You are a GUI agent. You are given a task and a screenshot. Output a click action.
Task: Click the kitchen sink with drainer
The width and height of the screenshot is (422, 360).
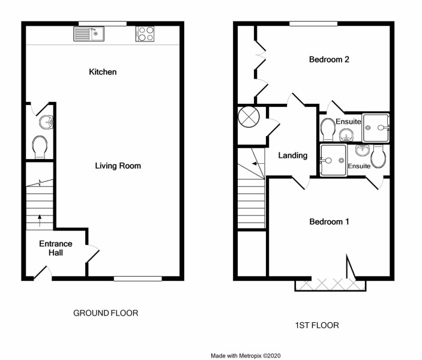(89, 34)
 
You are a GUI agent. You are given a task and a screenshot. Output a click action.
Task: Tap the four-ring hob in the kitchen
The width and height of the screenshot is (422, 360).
(145, 34)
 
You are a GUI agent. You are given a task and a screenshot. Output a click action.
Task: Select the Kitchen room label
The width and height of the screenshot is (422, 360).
(103, 72)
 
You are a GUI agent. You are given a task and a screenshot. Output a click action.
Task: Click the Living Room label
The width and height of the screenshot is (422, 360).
(118, 166)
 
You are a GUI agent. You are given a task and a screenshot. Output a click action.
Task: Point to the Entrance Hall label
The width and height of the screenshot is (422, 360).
(56, 248)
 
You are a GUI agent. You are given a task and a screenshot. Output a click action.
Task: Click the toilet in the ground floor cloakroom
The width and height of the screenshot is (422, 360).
(40, 147)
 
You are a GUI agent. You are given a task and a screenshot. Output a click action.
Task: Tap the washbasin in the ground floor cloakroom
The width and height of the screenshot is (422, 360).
(46, 122)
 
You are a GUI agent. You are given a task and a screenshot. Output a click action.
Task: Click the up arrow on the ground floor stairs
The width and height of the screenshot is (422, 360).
(40, 220)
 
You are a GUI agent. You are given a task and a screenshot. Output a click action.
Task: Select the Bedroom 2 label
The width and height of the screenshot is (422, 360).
(329, 59)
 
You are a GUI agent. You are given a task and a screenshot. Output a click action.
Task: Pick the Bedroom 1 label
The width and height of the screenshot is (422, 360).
(329, 222)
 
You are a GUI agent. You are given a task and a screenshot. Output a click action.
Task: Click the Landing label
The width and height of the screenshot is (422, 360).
(293, 155)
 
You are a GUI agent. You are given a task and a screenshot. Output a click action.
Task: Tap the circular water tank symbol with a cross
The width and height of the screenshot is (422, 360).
(249, 117)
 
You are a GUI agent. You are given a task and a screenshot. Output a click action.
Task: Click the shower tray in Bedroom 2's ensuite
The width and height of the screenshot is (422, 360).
(376, 128)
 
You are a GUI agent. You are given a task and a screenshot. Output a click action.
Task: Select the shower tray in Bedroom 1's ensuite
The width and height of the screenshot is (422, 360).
(333, 160)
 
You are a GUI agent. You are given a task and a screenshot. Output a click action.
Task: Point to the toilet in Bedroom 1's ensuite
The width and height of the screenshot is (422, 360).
(378, 157)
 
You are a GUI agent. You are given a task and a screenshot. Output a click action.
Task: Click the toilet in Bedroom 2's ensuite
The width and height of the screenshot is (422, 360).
(328, 130)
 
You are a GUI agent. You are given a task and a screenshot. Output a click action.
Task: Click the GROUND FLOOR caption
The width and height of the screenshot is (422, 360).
(106, 313)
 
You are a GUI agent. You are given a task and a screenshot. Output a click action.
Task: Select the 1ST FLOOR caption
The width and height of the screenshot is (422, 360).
(317, 325)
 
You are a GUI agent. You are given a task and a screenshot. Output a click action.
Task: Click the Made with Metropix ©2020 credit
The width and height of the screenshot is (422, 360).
(246, 356)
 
